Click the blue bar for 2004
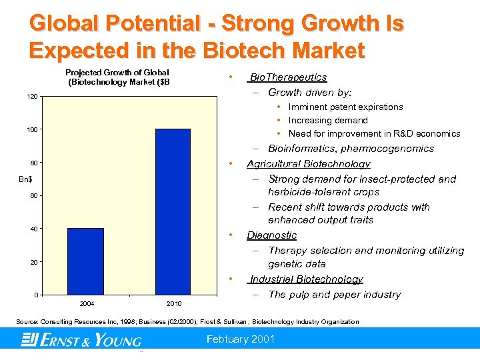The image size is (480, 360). (85, 261)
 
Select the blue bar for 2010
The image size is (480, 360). (173, 211)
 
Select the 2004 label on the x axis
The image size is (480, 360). (87, 304)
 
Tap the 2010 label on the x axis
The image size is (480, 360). (173, 304)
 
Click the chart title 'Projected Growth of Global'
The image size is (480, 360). (117, 73)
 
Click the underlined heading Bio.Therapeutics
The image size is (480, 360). (288, 77)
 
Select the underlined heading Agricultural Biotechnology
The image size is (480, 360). (308, 164)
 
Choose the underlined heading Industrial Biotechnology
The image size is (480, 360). (306, 279)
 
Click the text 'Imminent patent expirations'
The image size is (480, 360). (345, 107)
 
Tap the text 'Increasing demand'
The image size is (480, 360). (328, 121)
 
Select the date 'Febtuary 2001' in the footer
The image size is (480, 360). (241, 339)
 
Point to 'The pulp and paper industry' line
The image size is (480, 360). (334, 295)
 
